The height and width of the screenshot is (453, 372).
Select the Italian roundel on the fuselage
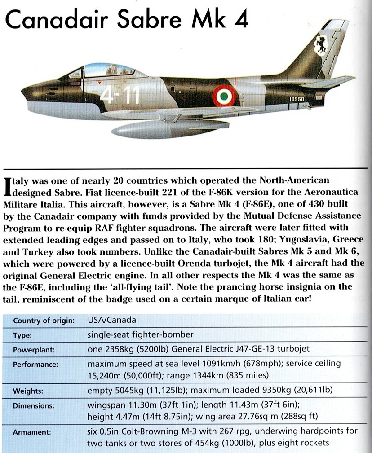click(221, 95)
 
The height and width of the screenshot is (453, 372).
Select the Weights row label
click(27, 391)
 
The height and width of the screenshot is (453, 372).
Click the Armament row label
click(31, 433)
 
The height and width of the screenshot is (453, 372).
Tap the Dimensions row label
click(34, 405)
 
